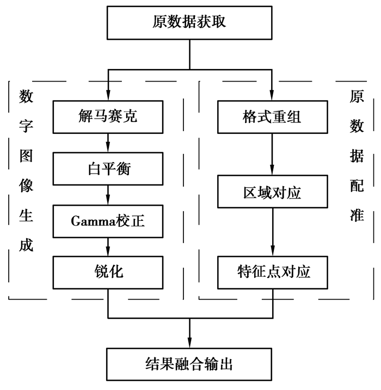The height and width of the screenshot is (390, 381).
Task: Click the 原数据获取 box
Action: (189, 23)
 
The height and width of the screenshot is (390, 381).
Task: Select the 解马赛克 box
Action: (108, 117)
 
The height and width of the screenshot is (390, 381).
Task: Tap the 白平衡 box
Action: (108, 169)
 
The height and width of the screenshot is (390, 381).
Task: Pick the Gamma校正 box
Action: (108, 221)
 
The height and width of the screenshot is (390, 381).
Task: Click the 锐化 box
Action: (108, 273)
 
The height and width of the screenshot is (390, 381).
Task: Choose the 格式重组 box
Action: (272, 117)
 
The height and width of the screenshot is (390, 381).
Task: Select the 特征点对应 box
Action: (272, 273)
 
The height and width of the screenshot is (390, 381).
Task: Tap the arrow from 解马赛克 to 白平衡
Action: (108, 143)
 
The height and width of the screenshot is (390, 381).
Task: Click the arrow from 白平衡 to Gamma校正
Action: (108, 195)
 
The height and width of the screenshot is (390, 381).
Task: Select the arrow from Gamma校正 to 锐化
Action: (108, 246)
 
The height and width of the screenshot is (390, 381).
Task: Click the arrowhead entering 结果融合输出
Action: (189, 342)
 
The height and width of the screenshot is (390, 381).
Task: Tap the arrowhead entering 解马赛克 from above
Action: (108, 96)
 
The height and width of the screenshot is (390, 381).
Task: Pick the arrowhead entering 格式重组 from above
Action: (272, 96)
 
